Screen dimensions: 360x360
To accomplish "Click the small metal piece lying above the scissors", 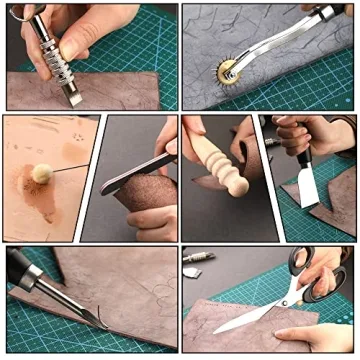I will (200, 258).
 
